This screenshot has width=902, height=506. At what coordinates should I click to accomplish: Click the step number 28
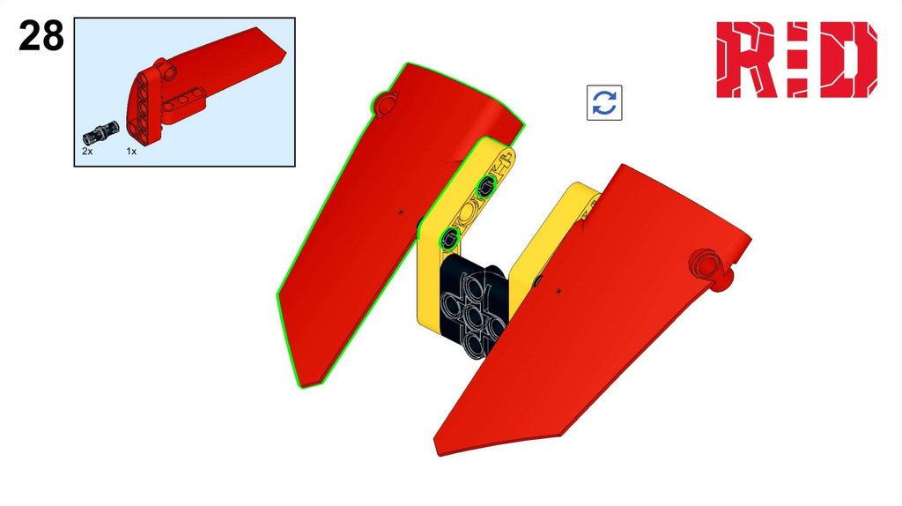tap(41, 35)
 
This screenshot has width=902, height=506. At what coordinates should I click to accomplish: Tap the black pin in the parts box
tap(100, 133)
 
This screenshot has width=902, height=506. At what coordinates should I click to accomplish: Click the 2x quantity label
tap(87, 152)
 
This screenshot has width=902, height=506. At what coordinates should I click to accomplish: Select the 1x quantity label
tap(132, 152)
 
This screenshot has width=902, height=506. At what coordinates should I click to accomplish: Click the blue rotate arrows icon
tap(604, 103)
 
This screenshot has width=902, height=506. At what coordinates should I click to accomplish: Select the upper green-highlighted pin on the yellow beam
tap(486, 186)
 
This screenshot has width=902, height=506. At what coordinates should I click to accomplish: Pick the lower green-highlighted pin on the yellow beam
tap(450, 237)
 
